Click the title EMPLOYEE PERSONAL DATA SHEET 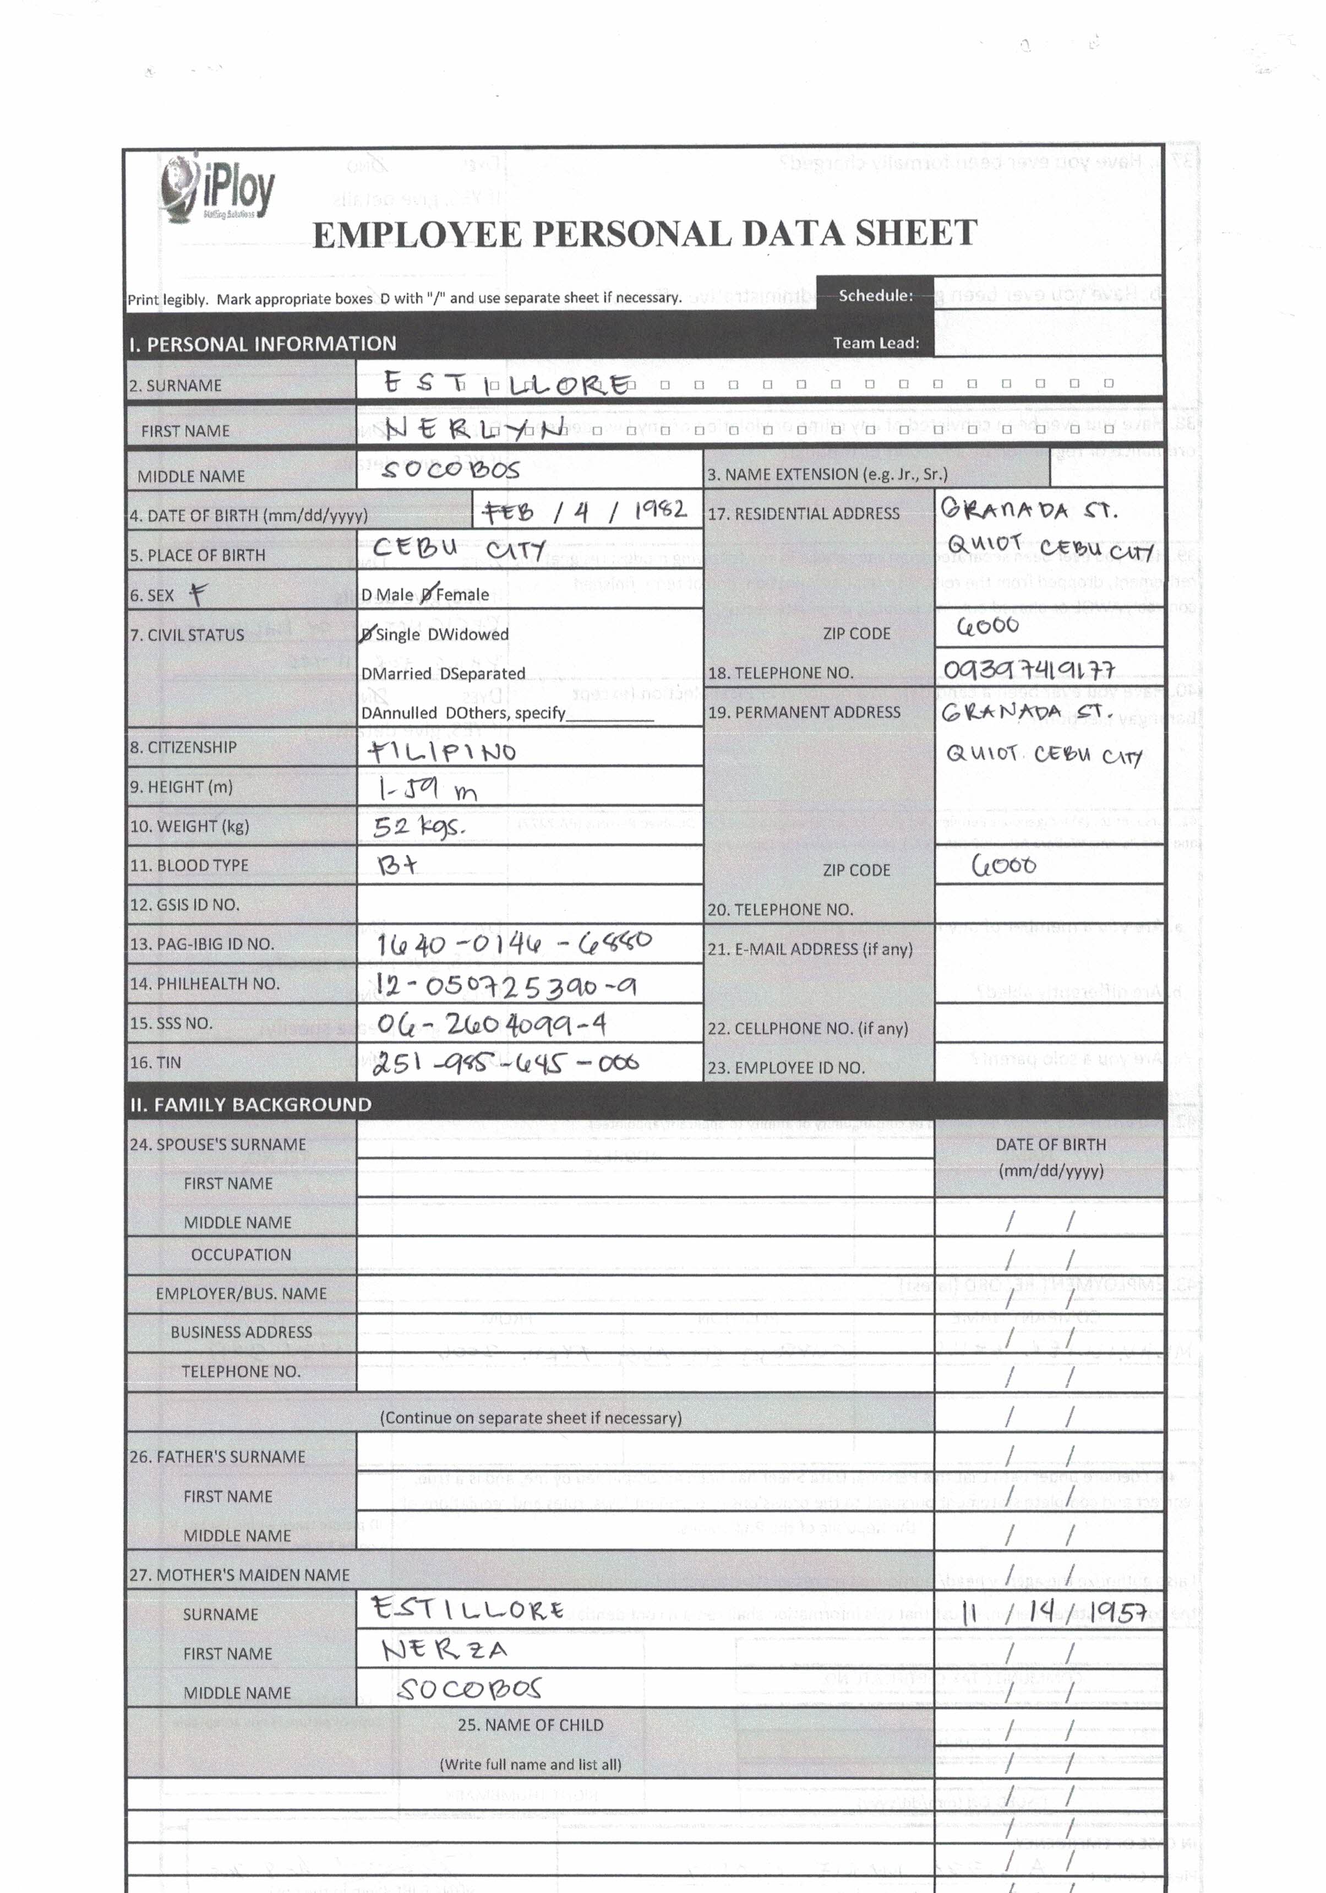645,234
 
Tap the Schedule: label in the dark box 875,295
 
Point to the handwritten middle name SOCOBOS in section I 451,469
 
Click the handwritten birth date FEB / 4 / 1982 585,512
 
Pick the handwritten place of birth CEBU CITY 459,549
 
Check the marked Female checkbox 427,594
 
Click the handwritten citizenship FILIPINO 442,751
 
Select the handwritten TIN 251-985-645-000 505,1063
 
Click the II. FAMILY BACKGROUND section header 250,1105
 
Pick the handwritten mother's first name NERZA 444,1650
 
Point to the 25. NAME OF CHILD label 530,1725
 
